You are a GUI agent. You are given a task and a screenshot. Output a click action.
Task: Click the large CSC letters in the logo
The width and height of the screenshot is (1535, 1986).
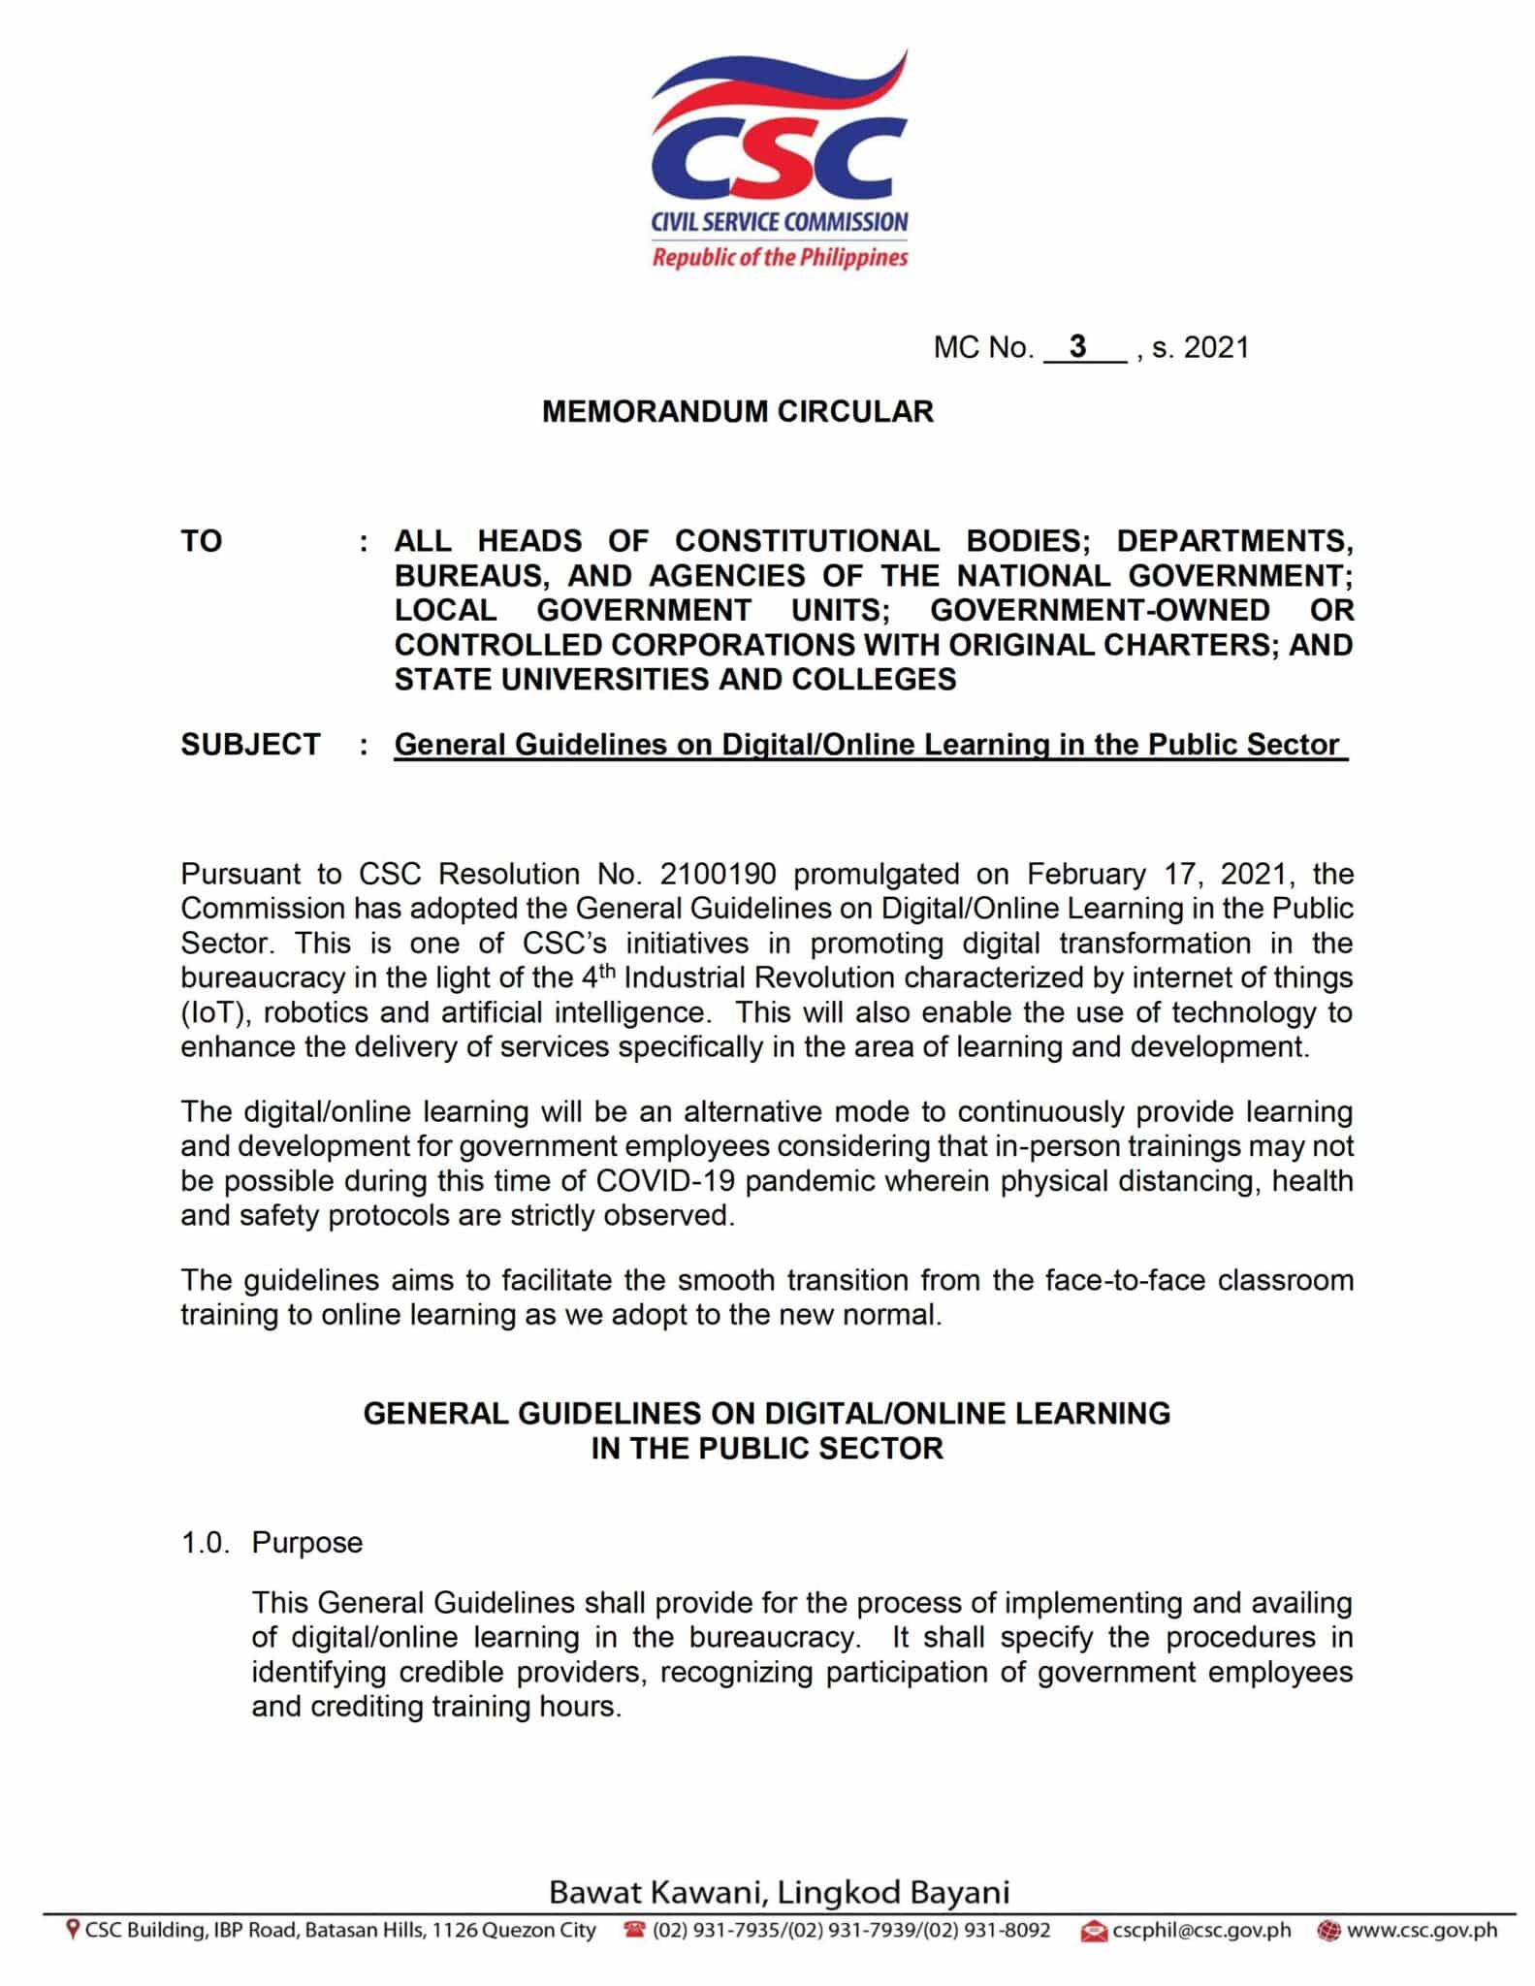pyautogui.click(x=780, y=161)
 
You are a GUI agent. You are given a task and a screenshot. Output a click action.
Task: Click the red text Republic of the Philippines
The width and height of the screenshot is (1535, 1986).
pyautogui.click(x=780, y=258)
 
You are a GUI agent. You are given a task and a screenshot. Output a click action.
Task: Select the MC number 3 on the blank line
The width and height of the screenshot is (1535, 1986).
pyautogui.click(x=1077, y=346)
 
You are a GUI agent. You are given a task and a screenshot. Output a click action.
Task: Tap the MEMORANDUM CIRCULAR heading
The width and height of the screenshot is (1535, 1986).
pyautogui.click(x=737, y=411)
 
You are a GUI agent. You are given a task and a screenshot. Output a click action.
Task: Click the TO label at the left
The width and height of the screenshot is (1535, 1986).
pyautogui.click(x=201, y=541)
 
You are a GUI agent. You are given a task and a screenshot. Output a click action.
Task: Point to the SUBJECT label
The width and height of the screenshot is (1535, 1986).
pyautogui.click(x=250, y=744)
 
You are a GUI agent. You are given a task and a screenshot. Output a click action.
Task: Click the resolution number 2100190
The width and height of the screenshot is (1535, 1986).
pyautogui.click(x=718, y=874)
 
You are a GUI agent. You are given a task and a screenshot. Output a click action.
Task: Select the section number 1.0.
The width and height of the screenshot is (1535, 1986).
pyautogui.click(x=205, y=1542)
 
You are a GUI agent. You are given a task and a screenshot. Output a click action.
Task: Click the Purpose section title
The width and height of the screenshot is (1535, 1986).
pyautogui.click(x=306, y=1542)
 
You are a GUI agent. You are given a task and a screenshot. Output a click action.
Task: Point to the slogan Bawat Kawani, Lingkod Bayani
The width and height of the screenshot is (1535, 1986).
pyautogui.click(x=779, y=1892)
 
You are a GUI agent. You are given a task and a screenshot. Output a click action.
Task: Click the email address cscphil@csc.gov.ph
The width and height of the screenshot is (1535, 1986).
pyautogui.click(x=1200, y=1930)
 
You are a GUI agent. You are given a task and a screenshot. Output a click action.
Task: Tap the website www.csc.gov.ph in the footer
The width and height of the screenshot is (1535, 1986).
pyautogui.click(x=1422, y=1930)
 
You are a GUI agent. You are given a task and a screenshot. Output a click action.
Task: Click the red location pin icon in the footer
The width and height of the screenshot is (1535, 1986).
pyautogui.click(x=72, y=1930)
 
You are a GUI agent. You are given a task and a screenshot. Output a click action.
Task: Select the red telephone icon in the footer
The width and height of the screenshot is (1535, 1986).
pyautogui.click(x=635, y=1930)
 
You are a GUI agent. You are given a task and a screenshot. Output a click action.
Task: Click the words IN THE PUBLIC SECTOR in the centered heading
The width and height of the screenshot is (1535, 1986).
pyautogui.click(x=766, y=1448)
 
